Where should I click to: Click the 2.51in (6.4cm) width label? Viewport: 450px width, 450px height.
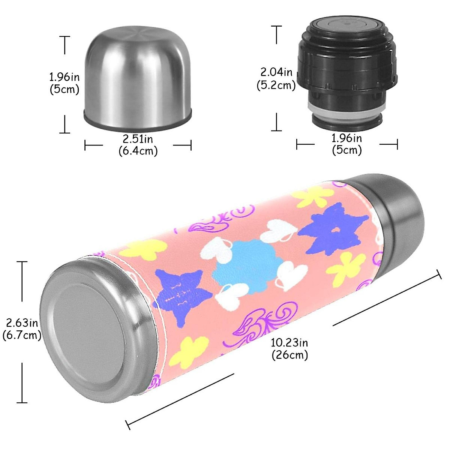[x=138, y=145]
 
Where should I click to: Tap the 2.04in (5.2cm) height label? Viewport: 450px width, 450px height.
[x=276, y=78]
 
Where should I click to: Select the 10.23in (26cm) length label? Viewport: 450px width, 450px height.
[x=289, y=348]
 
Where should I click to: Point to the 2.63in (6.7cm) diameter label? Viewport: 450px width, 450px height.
[x=22, y=328]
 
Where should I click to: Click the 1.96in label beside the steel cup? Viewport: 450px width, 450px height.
[x=64, y=83]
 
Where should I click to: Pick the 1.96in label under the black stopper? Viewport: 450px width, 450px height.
[x=347, y=144]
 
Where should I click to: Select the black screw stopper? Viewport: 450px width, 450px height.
[x=347, y=71]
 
